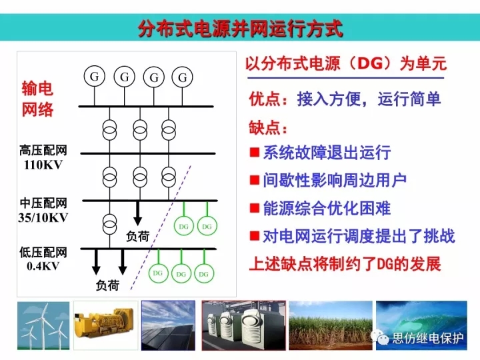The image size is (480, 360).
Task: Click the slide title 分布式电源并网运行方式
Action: click(x=240, y=29)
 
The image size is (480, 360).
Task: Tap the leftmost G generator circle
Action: click(x=95, y=77)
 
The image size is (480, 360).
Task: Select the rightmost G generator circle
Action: click(x=183, y=77)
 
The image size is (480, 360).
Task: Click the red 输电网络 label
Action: click(x=37, y=99)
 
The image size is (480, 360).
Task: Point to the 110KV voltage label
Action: click(x=43, y=165)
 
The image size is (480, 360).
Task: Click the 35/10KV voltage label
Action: click(x=43, y=217)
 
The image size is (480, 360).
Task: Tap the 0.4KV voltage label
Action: click(x=43, y=266)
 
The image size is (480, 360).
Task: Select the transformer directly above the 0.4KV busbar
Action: click(x=109, y=224)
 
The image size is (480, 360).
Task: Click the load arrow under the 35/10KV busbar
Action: click(x=138, y=213)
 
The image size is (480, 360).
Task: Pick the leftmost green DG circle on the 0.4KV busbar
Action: click(x=158, y=273)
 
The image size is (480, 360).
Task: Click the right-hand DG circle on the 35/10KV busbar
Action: click(x=207, y=226)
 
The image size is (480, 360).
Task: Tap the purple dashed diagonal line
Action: click(x=161, y=227)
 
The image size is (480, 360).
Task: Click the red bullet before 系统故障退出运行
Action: click(x=255, y=152)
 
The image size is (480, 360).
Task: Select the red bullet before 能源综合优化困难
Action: click(x=255, y=208)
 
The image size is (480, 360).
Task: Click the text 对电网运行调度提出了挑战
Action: click(x=359, y=236)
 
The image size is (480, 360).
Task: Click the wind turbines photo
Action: click(x=43, y=326)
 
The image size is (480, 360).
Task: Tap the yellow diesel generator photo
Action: click(x=105, y=325)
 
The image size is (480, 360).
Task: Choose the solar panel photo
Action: click(x=168, y=325)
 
